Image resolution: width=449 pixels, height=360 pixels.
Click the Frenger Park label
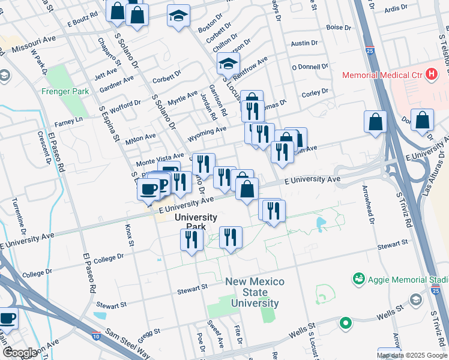65,92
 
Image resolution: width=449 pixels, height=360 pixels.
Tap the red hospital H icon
430,75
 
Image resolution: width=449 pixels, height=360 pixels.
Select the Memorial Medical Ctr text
381,75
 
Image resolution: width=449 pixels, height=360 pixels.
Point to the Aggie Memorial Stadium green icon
359,279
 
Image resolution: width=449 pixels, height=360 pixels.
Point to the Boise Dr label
339,28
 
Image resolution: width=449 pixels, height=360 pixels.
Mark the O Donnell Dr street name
310,67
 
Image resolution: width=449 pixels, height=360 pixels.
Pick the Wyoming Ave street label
207,129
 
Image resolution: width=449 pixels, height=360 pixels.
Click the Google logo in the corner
20,353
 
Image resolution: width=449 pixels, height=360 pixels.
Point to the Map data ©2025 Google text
412,355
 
